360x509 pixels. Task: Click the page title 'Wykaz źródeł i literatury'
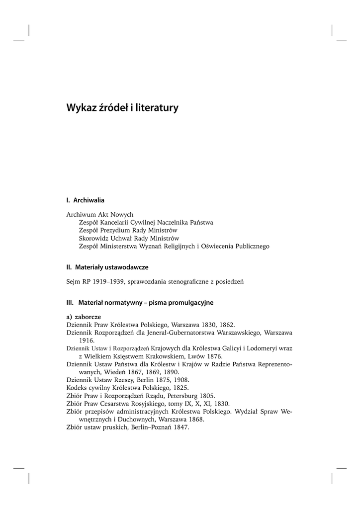tap(122, 107)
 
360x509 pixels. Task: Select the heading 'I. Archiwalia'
tap(85, 200)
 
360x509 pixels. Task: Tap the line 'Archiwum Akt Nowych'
tap(100, 214)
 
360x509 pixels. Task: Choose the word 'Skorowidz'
tap(94, 238)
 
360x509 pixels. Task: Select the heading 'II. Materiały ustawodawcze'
tap(107, 267)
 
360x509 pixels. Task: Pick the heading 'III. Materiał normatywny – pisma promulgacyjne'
tap(140, 302)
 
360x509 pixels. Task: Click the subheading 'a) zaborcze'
tap(84, 316)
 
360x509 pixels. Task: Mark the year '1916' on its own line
tap(87, 340)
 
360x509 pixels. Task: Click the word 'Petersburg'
tap(184, 396)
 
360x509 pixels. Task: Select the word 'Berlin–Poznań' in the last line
tap(149, 427)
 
